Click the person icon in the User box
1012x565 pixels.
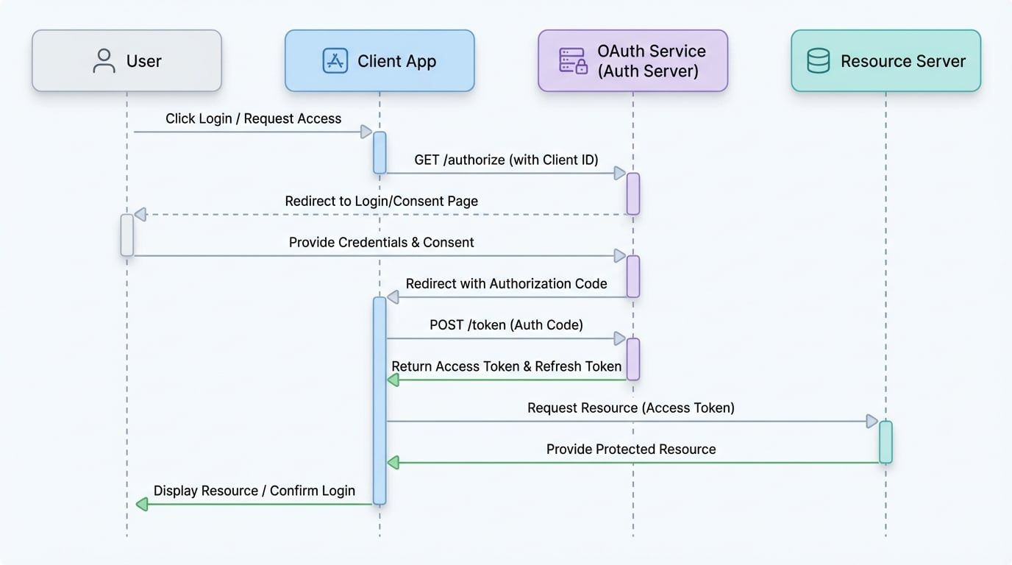click(104, 61)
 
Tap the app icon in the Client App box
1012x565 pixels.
click(335, 61)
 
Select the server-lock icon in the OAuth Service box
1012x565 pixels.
click(574, 61)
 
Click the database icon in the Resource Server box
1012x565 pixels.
click(818, 61)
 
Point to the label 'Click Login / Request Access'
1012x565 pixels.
click(253, 118)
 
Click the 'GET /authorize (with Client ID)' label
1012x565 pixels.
click(506, 160)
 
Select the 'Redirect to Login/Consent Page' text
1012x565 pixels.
click(381, 201)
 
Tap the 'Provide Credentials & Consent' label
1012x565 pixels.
click(381, 242)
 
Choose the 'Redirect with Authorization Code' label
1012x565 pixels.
click(506, 283)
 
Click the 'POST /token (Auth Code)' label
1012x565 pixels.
click(506, 324)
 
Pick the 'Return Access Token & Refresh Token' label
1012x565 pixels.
click(506, 366)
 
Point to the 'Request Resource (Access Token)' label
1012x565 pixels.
click(630, 408)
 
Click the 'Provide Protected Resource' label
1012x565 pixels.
click(630, 449)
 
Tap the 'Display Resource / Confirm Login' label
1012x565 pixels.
click(254, 491)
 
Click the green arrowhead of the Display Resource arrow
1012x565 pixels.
click(142, 504)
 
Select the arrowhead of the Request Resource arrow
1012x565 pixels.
click(872, 422)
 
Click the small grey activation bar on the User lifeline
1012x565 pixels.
click(127, 235)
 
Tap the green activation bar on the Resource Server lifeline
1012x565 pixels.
click(885, 442)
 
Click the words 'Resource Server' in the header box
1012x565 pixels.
click(902, 61)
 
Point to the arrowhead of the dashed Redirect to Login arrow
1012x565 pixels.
click(140, 215)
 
